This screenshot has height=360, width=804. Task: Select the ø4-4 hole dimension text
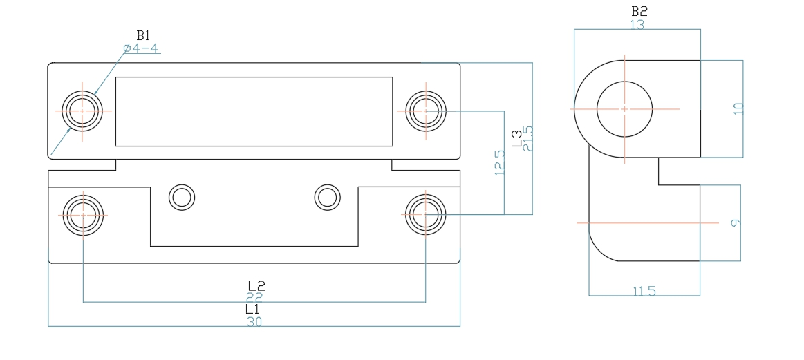point(141,48)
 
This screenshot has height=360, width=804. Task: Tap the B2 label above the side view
point(639,12)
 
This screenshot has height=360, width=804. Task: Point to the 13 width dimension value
point(637,24)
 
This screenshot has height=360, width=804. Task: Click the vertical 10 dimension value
point(738,108)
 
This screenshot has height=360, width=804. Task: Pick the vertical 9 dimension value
point(736,222)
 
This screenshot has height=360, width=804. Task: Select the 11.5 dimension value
point(644,291)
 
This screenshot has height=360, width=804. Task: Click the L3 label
point(516,138)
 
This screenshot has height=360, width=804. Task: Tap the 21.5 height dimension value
point(529,138)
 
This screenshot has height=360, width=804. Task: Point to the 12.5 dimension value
point(500,163)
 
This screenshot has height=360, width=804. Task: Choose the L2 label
point(256,285)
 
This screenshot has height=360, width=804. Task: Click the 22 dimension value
point(254,296)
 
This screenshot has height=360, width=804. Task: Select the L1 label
point(253,310)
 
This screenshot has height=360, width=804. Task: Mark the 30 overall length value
point(254,322)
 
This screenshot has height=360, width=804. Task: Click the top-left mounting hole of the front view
point(82,111)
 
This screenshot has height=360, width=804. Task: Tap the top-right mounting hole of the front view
point(426,111)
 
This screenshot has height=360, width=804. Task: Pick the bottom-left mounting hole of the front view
point(82,214)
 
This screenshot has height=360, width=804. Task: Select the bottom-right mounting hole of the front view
point(426,214)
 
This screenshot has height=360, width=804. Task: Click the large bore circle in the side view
point(624,109)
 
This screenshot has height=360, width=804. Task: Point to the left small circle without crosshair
point(182,197)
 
